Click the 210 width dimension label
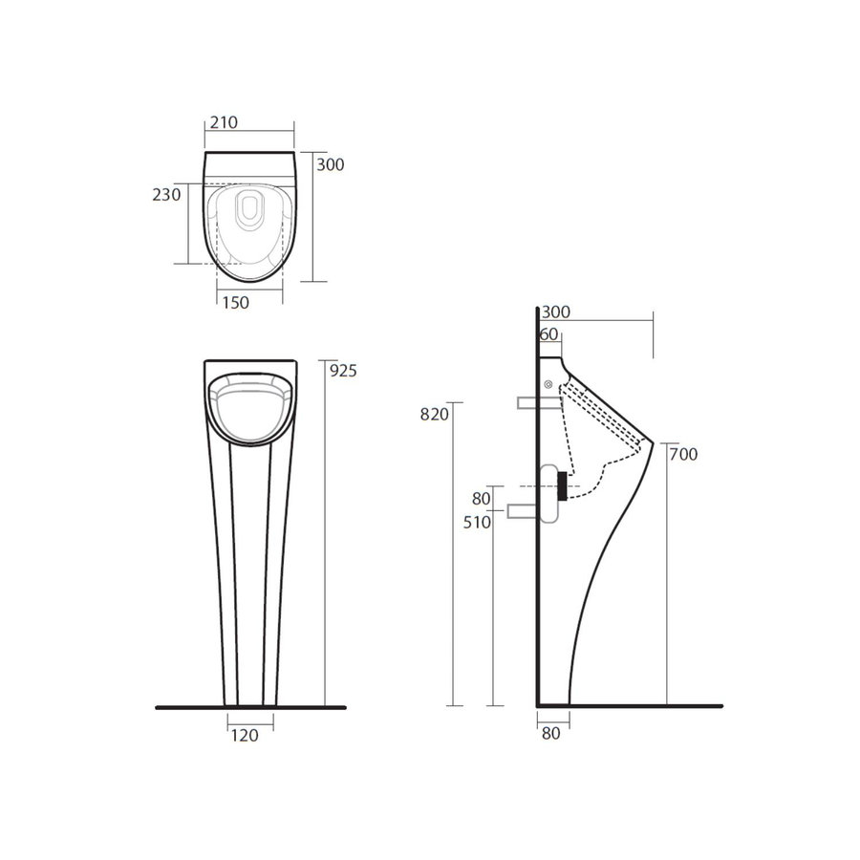pyautogui.click(x=223, y=121)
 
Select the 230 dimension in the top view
pyautogui.click(x=166, y=195)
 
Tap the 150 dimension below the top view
pyautogui.click(x=235, y=303)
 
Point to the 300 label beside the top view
pyautogui.click(x=330, y=164)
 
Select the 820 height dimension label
pyautogui.click(x=434, y=414)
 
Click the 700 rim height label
pyautogui.click(x=683, y=454)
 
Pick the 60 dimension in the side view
pyautogui.click(x=548, y=333)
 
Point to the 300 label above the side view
pyautogui.click(x=554, y=312)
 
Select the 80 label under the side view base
pyautogui.click(x=550, y=734)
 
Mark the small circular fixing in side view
pyautogui.click(x=548, y=385)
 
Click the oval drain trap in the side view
pyautogui.click(x=549, y=492)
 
